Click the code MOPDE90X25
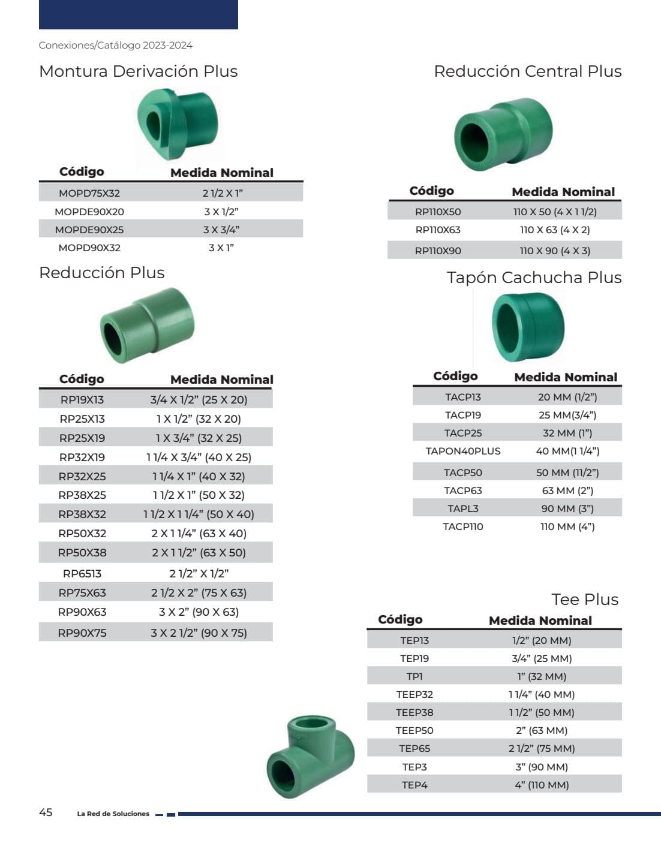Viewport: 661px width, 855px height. click(x=89, y=230)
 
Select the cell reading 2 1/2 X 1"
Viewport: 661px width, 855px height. click(x=223, y=193)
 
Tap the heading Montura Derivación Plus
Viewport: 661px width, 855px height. click(x=139, y=71)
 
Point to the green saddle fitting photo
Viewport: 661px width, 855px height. click(x=178, y=124)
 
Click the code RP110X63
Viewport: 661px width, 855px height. click(x=438, y=230)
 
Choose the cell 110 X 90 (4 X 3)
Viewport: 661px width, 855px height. click(x=555, y=251)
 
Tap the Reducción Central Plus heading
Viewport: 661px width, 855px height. click(x=528, y=71)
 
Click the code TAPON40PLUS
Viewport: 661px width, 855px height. click(x=463, y=451)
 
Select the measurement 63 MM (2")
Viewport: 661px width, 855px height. click(x=568, y=490)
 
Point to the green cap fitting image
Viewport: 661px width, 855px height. click(x=528, y=327)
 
